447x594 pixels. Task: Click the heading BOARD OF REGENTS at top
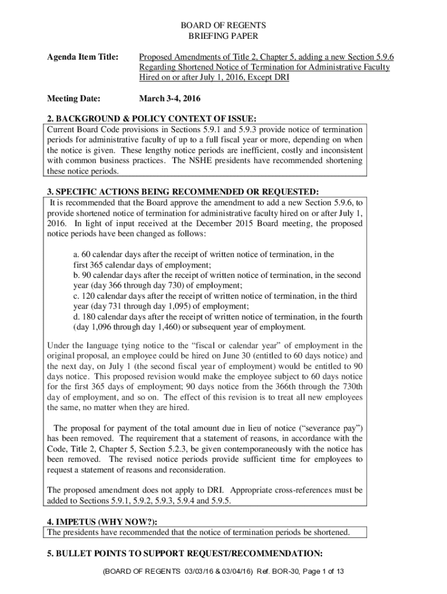223,26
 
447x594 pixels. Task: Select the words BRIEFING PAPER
223,36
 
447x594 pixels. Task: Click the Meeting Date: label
73,98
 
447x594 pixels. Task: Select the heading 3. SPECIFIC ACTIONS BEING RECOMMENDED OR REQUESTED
182,192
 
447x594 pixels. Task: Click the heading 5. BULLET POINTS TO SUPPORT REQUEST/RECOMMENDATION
185,552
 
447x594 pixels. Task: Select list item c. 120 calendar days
215,296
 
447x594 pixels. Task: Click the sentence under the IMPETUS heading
199,532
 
